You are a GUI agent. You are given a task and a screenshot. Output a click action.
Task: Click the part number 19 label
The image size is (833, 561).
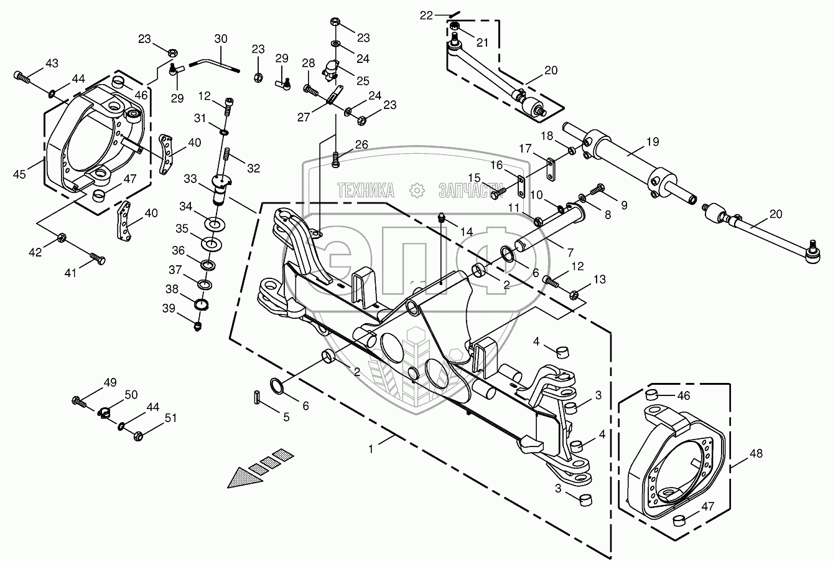(653, 142)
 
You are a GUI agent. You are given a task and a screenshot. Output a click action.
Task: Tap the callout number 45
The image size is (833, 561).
(19, 174)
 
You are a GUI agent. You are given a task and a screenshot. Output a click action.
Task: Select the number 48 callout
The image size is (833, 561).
(756, 453)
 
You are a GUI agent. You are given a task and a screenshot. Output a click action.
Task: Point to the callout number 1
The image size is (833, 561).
(370, 450)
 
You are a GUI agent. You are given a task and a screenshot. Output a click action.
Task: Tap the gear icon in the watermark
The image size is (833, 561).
(417, 191)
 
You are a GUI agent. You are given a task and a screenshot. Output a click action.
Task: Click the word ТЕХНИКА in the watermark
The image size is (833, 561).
(366, 191)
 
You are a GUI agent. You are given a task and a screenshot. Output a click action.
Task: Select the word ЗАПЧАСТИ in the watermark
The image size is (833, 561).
(471, 191)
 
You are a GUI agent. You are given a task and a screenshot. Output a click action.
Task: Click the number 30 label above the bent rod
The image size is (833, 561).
(221, 39)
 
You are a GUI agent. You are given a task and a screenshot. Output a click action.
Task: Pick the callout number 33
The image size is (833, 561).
(190, 179)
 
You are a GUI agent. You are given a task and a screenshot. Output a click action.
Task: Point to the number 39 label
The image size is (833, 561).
(169, 309)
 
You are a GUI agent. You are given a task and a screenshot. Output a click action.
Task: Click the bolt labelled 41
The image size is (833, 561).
(97, 259)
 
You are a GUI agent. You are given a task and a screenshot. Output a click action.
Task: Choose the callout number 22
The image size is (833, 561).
(427, 16)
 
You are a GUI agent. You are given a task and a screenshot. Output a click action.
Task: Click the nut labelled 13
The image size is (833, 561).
(574, 295)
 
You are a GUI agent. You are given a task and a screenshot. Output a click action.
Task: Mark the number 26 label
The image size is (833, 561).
(361, 144)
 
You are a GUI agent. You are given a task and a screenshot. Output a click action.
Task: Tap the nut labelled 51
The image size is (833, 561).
(138, 436)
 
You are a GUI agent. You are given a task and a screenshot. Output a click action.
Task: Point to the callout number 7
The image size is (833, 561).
(570, 253)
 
